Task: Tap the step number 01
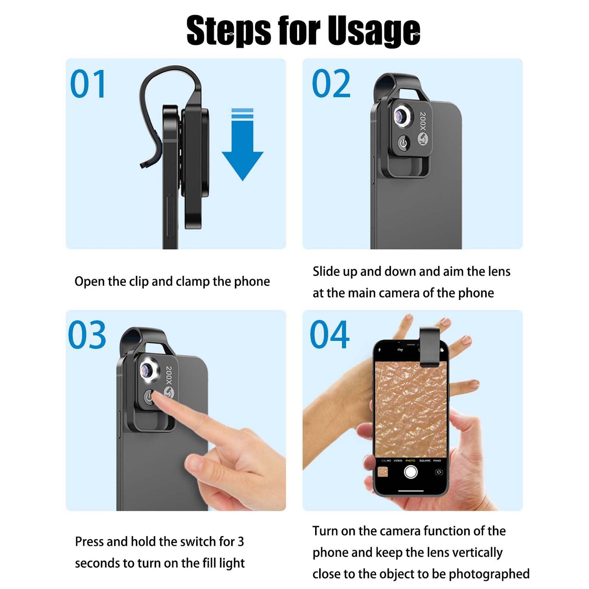(x=88, y=84)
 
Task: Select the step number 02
(x=331, y=83)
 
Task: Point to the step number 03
(x=87, y=335)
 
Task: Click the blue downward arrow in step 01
(x=243, y=144)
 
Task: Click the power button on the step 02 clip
(x=404, y=143)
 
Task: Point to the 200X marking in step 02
(x=423, y=121)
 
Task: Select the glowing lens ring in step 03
(x=147, y=371)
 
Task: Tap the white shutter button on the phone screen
(x=411, y=472)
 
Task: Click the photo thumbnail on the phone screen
(x=383, y=472)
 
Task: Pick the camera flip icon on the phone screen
(x=439, y=472)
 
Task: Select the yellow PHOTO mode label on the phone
(x=410, y=460)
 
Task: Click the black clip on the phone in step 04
(x=430, y=347)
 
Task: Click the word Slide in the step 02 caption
(x=326, y=271)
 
